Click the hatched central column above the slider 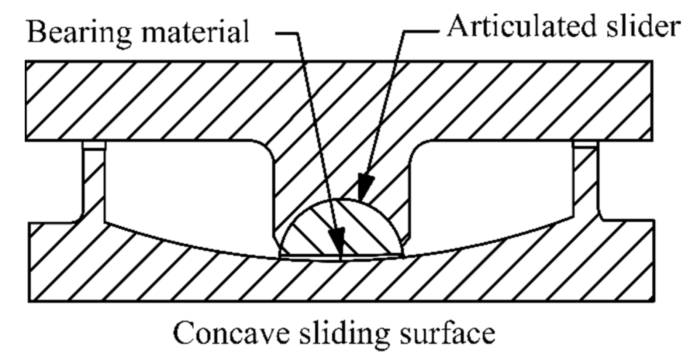point(341,166)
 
